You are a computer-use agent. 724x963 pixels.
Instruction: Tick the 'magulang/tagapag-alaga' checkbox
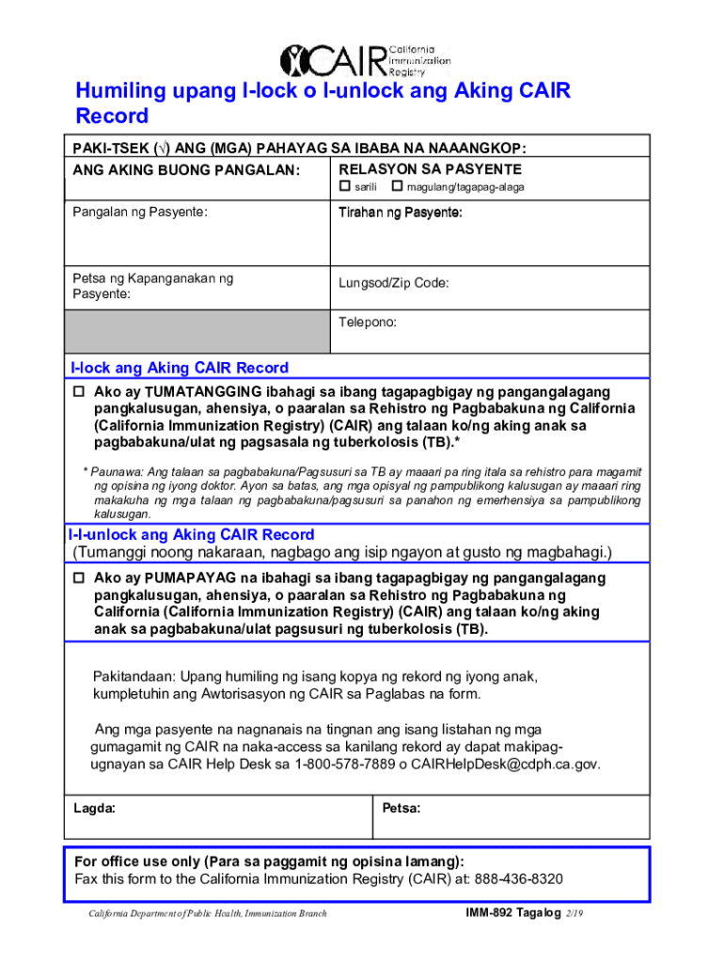[x=396, y=187]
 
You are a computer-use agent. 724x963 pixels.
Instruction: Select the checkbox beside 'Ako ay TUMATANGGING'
[x=79, y=391]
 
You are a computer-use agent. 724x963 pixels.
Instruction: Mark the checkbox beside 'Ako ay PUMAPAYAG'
[x=79, y=577]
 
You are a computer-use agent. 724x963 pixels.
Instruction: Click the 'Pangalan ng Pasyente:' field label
[x=139, y=213]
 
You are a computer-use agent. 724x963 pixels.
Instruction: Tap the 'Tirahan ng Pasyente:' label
[x=400, y=213]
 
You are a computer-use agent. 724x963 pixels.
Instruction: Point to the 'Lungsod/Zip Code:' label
[x=394, y=283]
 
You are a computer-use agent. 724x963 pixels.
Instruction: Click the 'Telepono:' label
[x=368, y=322]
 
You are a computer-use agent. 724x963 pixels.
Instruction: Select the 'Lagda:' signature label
[x=94, y=808]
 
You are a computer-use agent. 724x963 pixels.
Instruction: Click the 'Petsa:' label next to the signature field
[x=401, y=808]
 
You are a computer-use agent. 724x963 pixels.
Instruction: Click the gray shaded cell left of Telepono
[x=197, y=331]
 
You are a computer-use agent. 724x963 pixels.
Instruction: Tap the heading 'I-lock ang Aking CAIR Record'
[x=180, y=368]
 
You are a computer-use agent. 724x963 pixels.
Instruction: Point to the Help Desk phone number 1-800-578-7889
[x=344, y=765]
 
